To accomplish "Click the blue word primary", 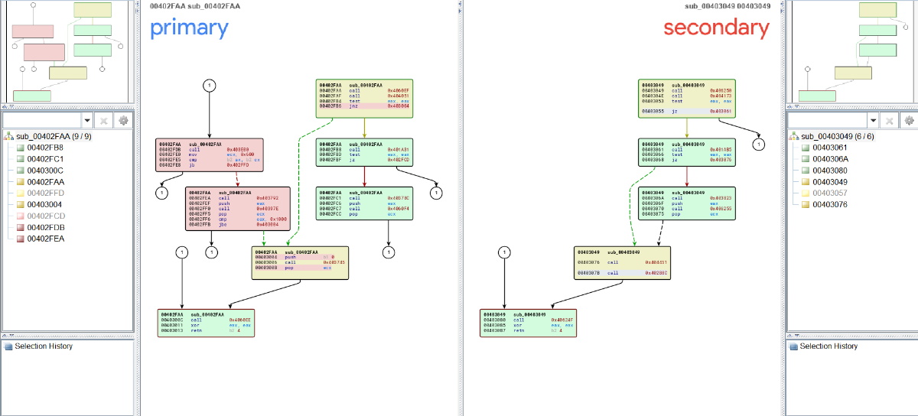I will click(x=189, y=28).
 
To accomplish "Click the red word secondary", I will click(x=716, y=28).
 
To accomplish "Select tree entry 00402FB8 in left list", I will click(x=45, y=147).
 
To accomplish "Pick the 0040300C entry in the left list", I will click(x=45, y=171).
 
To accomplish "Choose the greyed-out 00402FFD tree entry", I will click(x=45, y=193).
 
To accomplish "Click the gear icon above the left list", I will click(x=122, y=121).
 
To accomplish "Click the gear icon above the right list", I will click(x=909, y=121).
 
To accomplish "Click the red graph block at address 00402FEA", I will click(x=238, y=208).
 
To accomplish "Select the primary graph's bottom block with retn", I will click(x=206, y=323).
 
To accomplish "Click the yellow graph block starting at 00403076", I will click(x=623, y=262).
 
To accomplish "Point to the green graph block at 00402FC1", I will click(x=363, y=204).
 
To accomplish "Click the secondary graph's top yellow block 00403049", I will click(x=686, y=99).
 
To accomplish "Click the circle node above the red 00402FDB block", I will click(x=210, y=86).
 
